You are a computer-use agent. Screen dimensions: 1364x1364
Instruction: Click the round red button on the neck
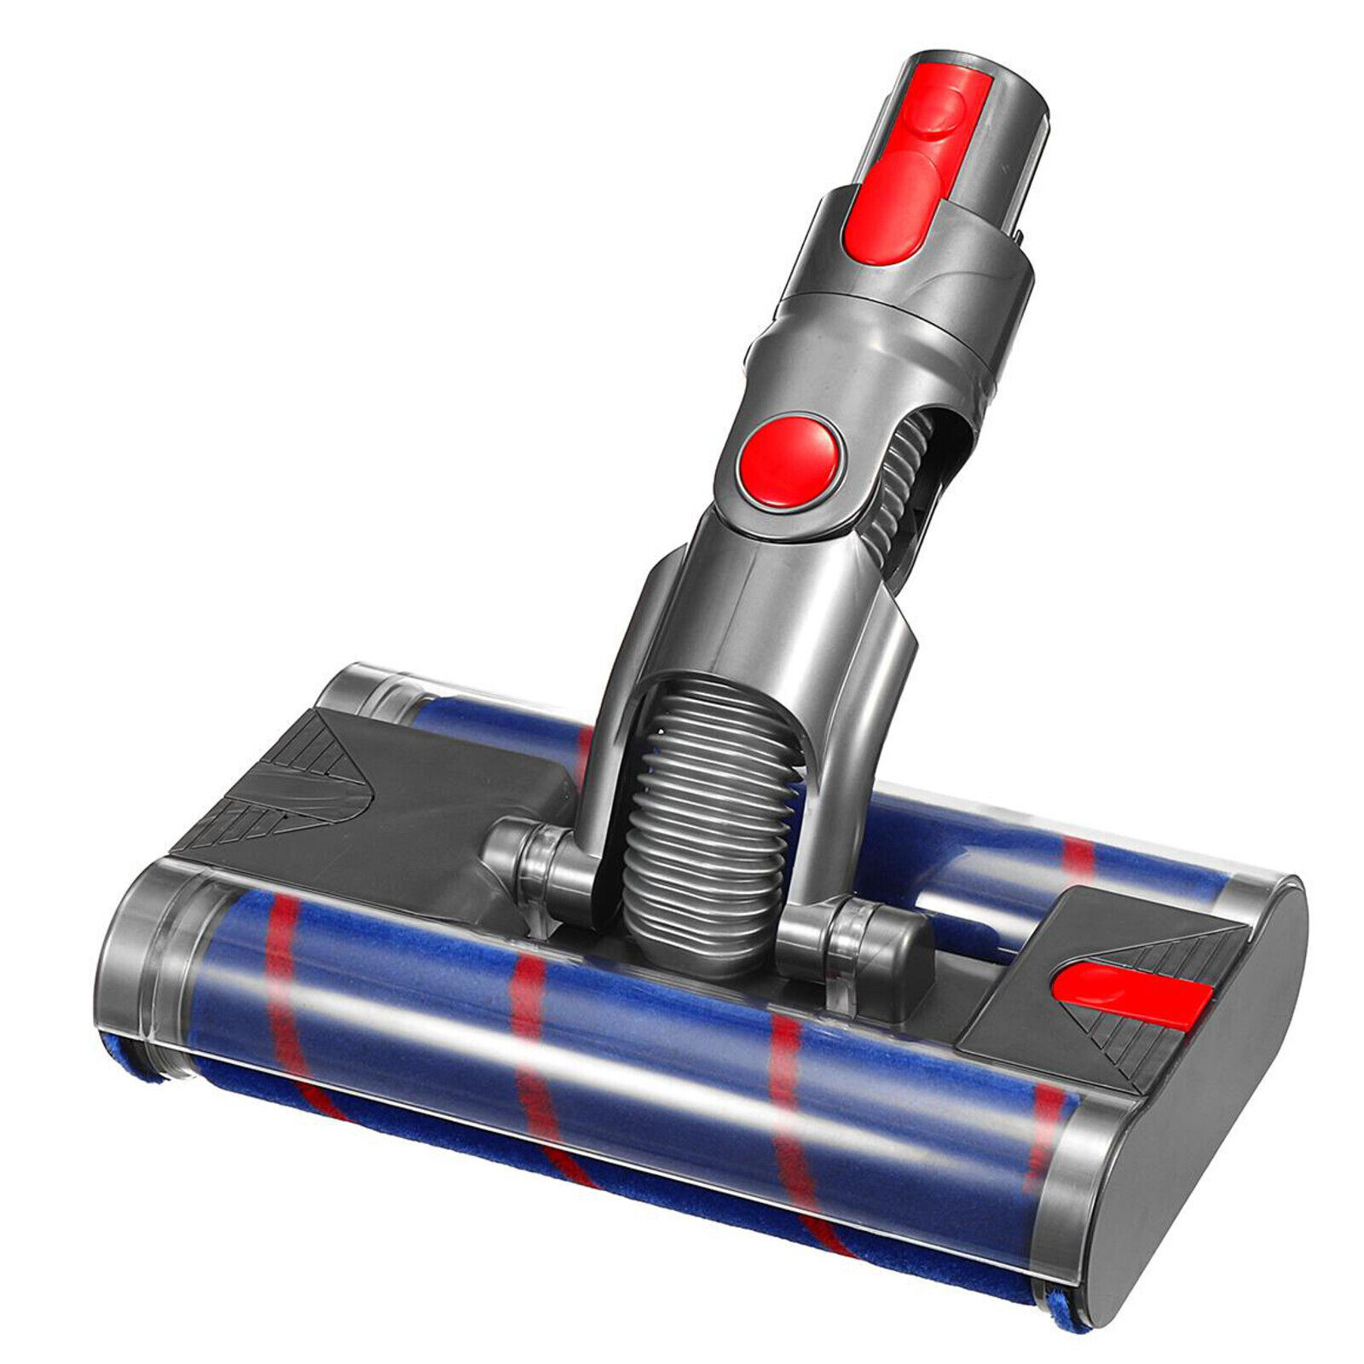pos(789,463)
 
